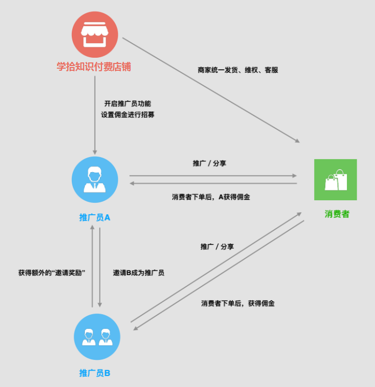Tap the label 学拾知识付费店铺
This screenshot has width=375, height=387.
[94, 67]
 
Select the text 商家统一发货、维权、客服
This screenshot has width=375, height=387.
[238, 70]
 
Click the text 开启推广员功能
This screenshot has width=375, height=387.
[127, 104]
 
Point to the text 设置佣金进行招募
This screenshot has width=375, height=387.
[127, 114]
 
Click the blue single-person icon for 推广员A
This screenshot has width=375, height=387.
[95, 179]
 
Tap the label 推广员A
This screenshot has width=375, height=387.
[95, 217]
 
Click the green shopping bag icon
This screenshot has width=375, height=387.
[335, 179]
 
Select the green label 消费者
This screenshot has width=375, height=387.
[337, 214]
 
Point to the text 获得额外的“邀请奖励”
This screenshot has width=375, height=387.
[51, 272]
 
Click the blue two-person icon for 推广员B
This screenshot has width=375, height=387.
[97, 336]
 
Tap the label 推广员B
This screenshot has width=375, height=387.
[95, 373]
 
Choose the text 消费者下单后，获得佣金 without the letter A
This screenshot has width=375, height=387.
[238, 303]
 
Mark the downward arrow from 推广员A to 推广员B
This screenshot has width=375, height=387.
[99, 265]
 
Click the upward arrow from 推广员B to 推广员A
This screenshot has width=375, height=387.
[92, 265]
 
